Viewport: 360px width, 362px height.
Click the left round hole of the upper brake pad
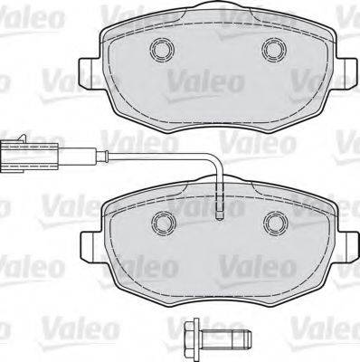point(163,49)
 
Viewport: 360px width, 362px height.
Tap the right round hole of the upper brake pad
point(272,49)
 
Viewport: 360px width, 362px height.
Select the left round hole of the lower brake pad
point(163,220)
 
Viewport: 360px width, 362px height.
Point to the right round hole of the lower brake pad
point(272,220)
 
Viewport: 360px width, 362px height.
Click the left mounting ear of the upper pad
point(89,71)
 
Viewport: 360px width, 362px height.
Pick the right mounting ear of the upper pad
point(346,71)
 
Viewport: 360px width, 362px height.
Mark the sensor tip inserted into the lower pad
point(220,210)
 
